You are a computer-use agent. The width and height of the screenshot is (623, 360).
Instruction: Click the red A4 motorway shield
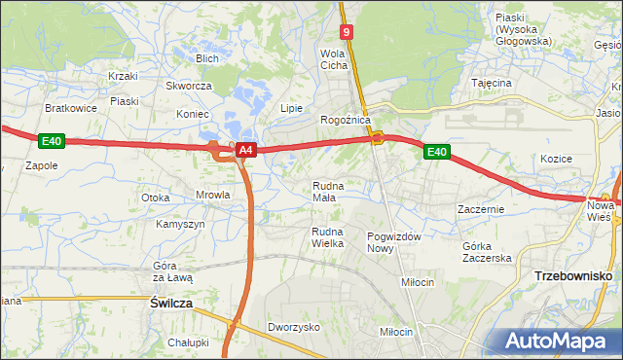coord(246,150)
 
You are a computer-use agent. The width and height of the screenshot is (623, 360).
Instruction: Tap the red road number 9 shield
coord(347,31)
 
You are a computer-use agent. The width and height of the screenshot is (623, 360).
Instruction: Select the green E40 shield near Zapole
coord(52,142)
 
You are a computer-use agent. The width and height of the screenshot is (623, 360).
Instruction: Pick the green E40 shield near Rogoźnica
coord(436,151)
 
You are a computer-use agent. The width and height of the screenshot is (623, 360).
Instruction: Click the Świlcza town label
coord(171,304)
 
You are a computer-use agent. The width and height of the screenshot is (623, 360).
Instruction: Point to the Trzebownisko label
coord(572,276)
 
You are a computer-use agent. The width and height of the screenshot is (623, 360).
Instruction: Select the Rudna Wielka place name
coord(327,236)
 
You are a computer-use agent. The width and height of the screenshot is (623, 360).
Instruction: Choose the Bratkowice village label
coord(71,108)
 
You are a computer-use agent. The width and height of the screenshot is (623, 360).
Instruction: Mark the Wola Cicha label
coord(334,59)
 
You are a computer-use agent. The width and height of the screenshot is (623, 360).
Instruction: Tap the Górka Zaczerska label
coord(487,252)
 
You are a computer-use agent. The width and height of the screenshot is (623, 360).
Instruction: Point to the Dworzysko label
coord(294,328)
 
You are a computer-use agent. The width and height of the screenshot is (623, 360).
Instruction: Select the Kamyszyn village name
coord(180,224)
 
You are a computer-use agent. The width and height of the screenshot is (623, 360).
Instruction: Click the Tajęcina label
coord(492,84)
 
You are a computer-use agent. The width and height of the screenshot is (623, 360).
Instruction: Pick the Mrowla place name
coord(212,195)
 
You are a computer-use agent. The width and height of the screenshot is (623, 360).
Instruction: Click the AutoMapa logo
coord(559,341)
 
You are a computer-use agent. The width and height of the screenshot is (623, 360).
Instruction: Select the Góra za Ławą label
coord(173,271)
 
